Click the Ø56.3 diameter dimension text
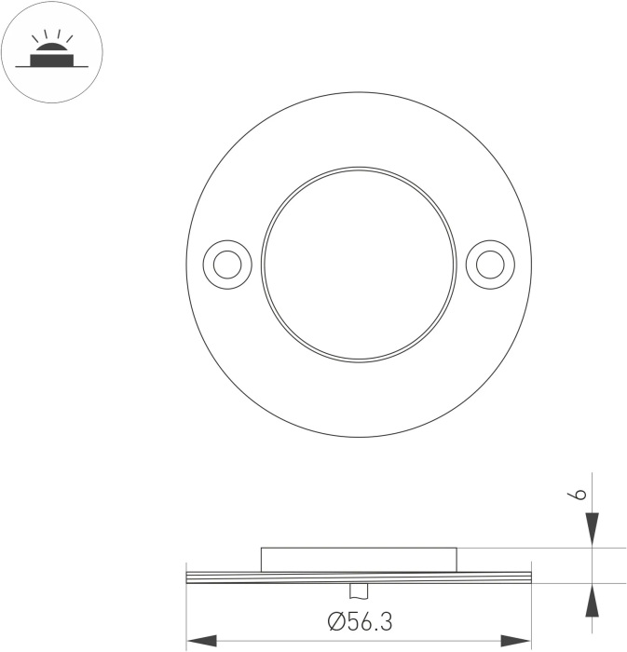(360, 621)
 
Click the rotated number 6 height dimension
(577, 493)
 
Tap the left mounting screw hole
(227, 265)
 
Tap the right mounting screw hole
(490, 265)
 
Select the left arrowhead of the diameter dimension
(202, 641)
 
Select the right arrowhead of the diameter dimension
(516, 641)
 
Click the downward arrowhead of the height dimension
(593, 529)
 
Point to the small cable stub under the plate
(359, 591)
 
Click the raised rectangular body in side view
(359, 560)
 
